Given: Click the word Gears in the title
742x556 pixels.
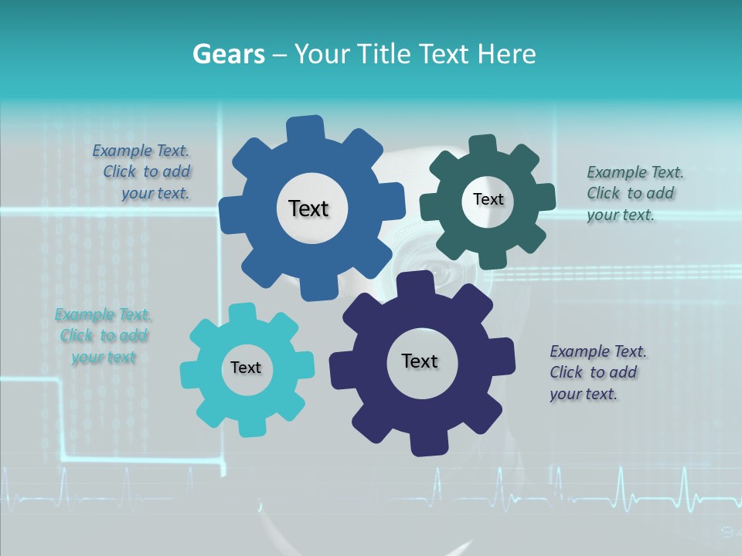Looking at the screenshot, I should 227,54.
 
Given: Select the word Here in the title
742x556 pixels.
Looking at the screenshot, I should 507,54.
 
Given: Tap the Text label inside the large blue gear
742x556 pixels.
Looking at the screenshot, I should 308,208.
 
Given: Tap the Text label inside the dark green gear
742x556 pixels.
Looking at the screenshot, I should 488,199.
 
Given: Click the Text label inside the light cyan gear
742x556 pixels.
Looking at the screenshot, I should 246,368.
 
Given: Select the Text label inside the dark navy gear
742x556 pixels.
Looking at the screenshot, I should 420,361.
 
